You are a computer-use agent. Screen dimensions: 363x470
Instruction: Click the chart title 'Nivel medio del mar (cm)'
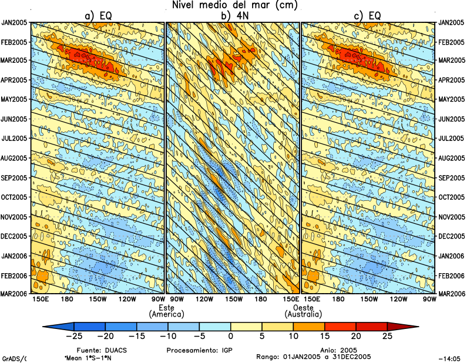(x=235, y=5)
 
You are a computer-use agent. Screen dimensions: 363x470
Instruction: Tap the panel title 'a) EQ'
(x=98, y=16)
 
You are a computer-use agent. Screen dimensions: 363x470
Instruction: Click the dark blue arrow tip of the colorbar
(x=51, y=326)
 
